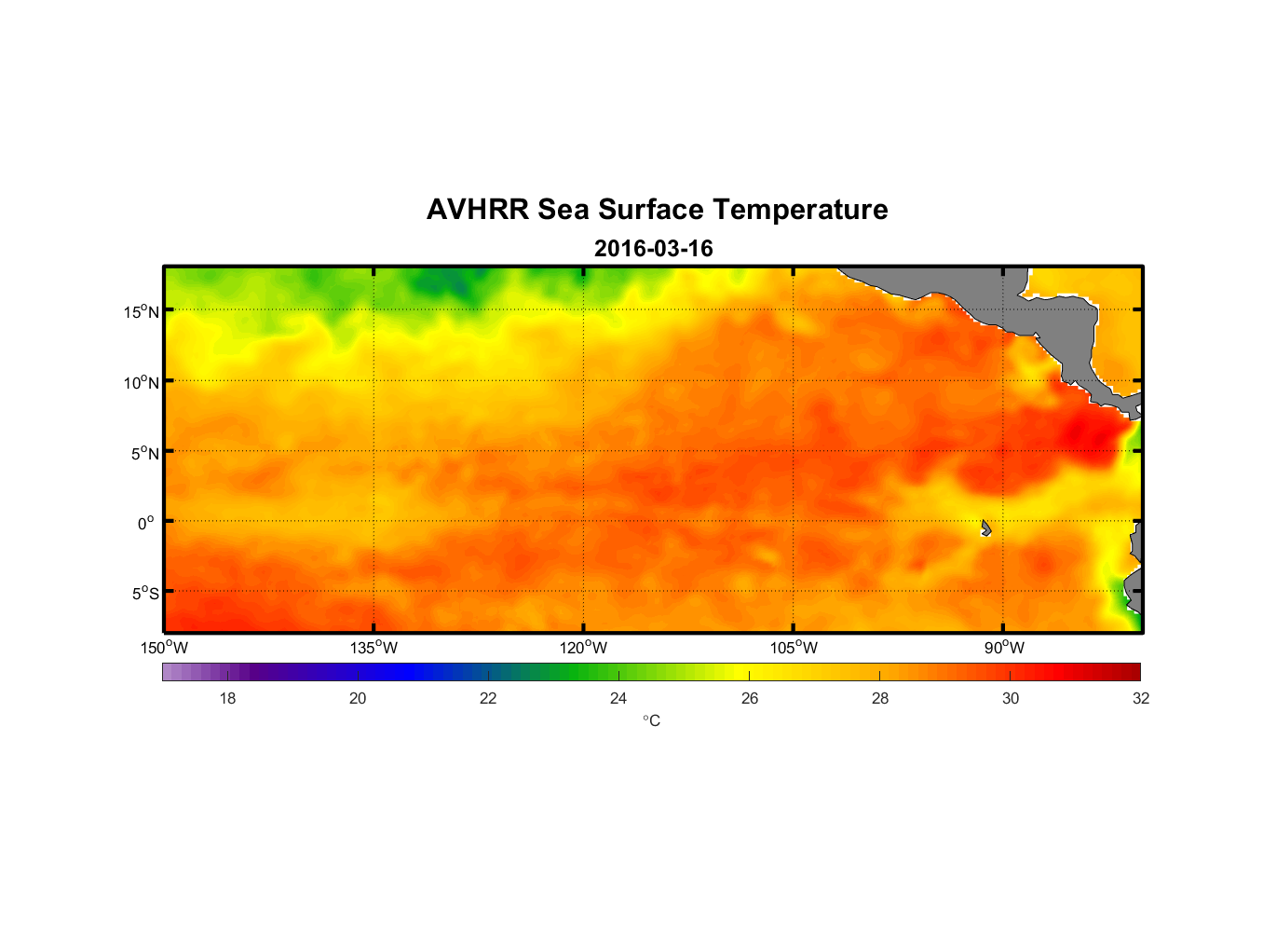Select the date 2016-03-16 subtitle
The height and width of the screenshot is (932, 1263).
653,249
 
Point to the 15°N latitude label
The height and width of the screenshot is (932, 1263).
142,311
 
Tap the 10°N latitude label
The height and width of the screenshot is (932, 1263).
142,382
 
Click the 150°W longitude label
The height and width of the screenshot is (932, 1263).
164,648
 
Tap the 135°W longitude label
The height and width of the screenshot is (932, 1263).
373,648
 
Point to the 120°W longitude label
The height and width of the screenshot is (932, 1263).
584,648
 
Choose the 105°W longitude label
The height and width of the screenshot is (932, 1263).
794,648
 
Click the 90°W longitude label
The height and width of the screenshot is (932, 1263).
1004,648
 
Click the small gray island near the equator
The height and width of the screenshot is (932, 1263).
985,528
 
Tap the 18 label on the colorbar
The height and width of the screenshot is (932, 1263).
227,698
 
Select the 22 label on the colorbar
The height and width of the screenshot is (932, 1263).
488,698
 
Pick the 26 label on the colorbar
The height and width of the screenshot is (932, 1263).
750,698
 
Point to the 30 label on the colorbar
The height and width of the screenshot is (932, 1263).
1011,698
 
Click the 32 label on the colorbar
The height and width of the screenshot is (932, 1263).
1141,698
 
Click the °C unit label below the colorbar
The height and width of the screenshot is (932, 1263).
651,720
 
